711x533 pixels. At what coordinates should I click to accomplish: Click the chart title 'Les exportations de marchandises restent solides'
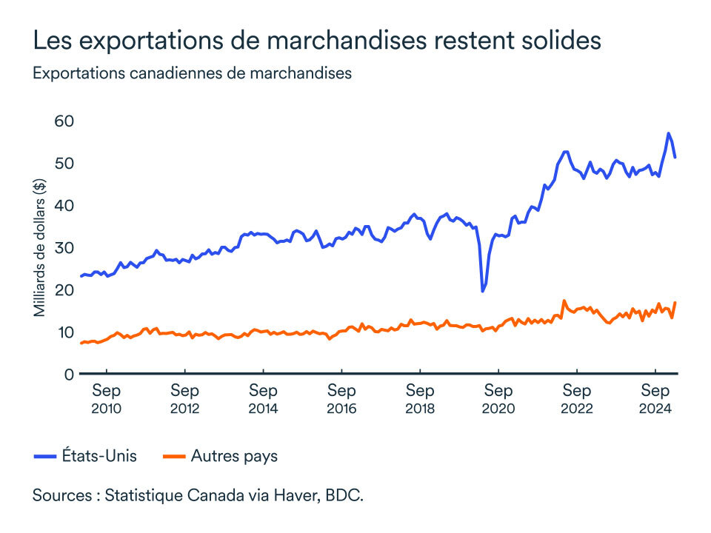316,41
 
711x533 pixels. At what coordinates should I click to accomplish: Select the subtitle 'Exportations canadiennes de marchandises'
191,73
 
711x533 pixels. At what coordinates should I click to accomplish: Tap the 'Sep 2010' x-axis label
106,399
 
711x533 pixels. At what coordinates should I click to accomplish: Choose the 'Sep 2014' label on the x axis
263,399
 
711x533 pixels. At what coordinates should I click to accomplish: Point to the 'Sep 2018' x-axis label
420,399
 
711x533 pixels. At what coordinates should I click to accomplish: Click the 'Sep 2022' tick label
577,399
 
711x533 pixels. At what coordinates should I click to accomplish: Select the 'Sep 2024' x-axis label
655,399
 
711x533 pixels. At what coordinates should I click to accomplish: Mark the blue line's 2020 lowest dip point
483,291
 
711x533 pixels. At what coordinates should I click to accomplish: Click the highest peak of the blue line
668,133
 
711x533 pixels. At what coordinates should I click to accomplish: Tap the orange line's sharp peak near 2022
564,301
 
